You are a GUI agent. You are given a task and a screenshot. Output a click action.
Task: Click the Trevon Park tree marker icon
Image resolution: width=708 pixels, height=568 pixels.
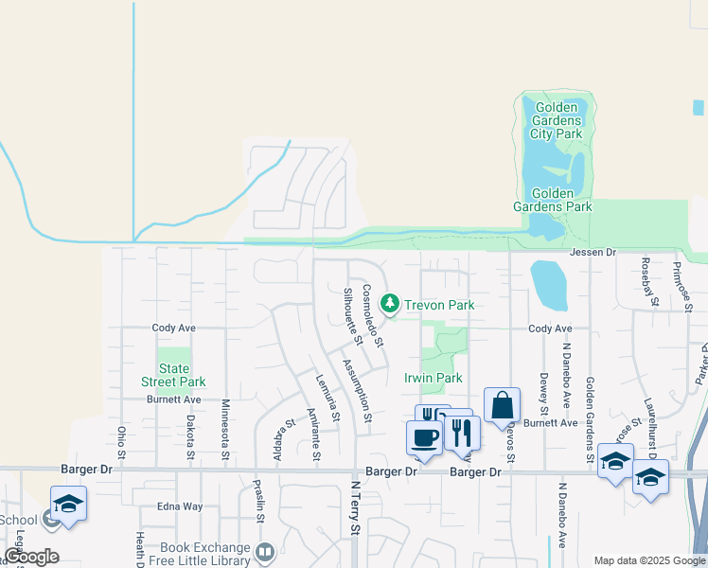click(x=388, y=304)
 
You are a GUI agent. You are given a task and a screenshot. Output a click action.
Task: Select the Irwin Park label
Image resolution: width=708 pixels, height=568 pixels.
click(x=433, y=378)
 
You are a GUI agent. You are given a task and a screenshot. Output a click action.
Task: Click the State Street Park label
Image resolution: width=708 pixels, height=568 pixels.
click(x=173, y=375)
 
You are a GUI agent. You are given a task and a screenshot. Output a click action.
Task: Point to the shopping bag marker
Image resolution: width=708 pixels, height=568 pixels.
click(x=502, y=404)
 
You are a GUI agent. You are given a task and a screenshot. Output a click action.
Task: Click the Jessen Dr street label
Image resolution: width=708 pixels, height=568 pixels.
click(x=593, y=253)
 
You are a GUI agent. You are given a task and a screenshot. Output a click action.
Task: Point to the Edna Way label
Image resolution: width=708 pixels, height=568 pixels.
click(x=180, y=506)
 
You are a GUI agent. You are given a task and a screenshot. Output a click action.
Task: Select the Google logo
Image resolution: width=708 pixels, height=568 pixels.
click(x=32, y=557)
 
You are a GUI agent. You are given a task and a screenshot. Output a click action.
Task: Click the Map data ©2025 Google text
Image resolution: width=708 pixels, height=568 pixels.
click(x=648, y=560)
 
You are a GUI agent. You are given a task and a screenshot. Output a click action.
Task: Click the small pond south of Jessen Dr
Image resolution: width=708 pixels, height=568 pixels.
click(x=549, y=285)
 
